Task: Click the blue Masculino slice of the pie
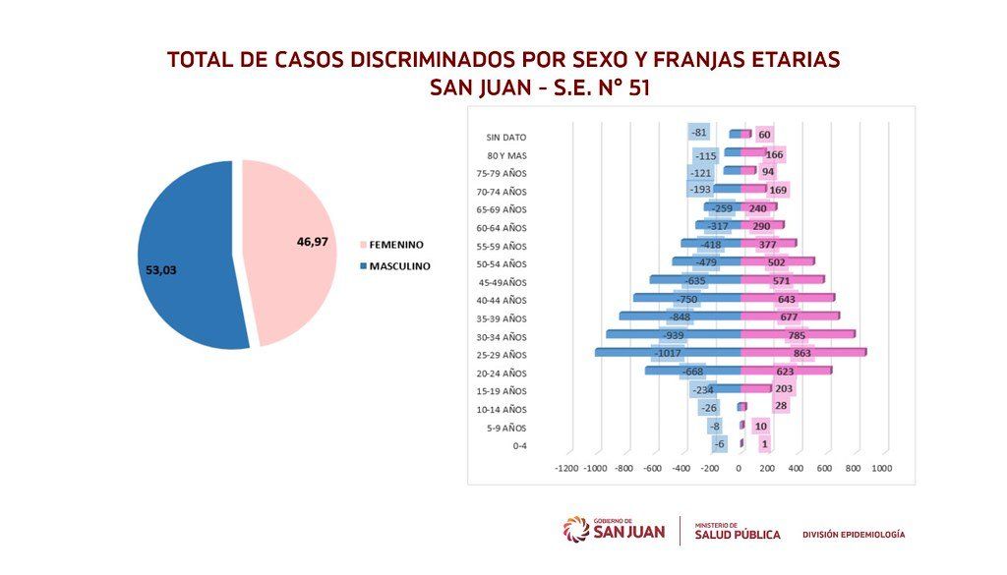pyautogui.click(x=186, y=257)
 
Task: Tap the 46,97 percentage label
pyautogui.click(x=312, y=242)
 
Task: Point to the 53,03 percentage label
pyautogui.click(x=160, y=270)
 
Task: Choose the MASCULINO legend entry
pyautogui.click(x=395, y=266)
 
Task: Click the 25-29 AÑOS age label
pyautogui.click(x=502, y=355)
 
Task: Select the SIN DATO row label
pyautogui.click(x=506, y=138)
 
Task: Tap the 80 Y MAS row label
pyautogui.click(x=506, y=155)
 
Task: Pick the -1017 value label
pyautogui.click(x=669, y=354)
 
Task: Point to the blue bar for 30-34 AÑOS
pyautogui.click(x=673, y=334)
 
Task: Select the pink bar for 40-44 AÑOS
pyautogui.click(x=788, y=297)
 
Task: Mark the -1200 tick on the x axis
pyautogui.click(x=566, y=469)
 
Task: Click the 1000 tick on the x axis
pyautogui.click(x=882, y=469)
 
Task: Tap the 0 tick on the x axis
pyautogui.click(x=739, y=469)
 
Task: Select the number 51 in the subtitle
pyautogui.click(x=639, y=87)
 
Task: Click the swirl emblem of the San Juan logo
pyautogui.click(x=576, y=530)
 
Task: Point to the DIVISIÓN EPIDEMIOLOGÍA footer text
pyautogui.click(x=854, y=534)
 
